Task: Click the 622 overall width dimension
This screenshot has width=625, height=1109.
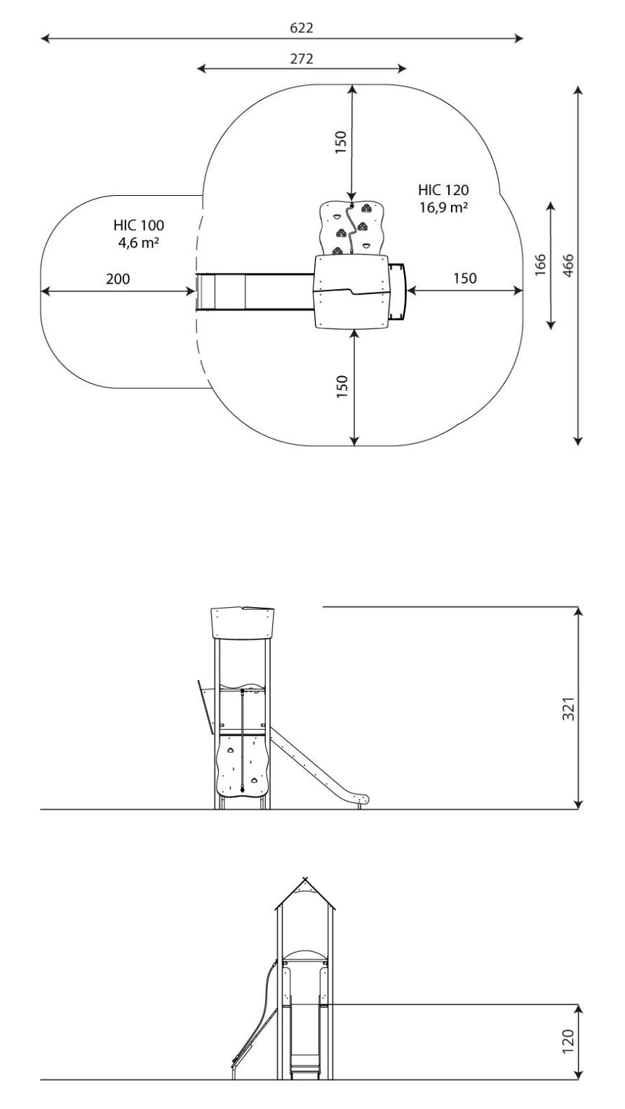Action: coord(302,28)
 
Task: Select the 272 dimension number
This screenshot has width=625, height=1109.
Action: coord(302,59)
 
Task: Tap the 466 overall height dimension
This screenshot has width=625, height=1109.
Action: coord(569,265)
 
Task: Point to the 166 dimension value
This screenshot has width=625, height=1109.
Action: coord(540,265)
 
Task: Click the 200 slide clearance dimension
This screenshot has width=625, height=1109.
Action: coord(118,279)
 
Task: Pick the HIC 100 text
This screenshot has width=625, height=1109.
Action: coord(139,226)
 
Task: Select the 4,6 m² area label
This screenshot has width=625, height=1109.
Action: coord(139,243)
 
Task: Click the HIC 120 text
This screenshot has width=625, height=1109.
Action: coord(443,190)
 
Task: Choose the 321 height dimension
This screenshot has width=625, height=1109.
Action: coord(569,708)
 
